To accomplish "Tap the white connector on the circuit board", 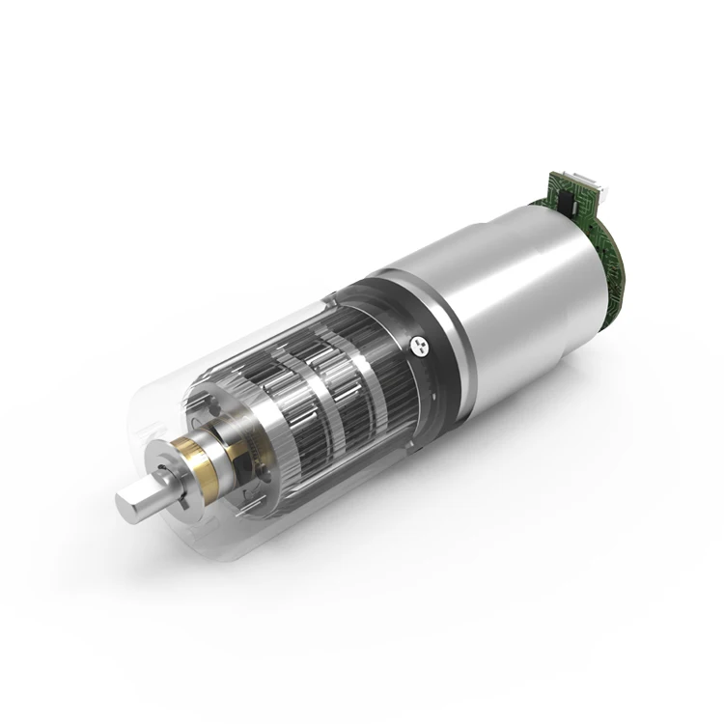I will point(586,181).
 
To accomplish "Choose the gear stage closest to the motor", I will point(372,348).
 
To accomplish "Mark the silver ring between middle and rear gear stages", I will point(349,359).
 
